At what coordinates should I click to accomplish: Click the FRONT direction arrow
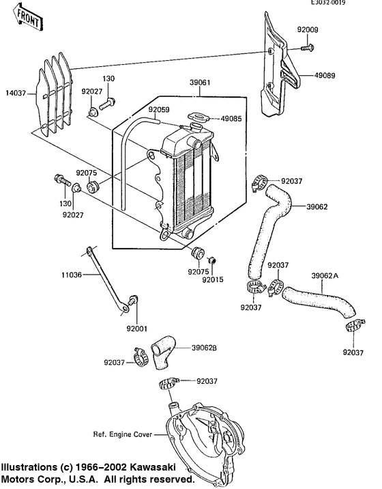27,17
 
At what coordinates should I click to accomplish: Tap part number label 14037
16,93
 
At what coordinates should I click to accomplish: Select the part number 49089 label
325,76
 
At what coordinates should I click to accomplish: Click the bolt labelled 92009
307,48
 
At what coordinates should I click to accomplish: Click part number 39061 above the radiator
200,83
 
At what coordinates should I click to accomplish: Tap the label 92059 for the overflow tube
159,109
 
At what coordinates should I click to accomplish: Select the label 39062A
325,276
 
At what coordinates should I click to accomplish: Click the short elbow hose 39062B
163,352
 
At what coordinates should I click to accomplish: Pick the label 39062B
205,348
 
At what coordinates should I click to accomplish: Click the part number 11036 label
72,275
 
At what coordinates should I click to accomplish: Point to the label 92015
213,279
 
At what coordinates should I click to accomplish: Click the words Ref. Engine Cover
123,434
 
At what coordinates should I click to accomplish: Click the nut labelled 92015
212,260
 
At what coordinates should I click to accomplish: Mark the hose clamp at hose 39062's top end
260,182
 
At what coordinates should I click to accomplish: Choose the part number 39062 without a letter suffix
317,207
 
